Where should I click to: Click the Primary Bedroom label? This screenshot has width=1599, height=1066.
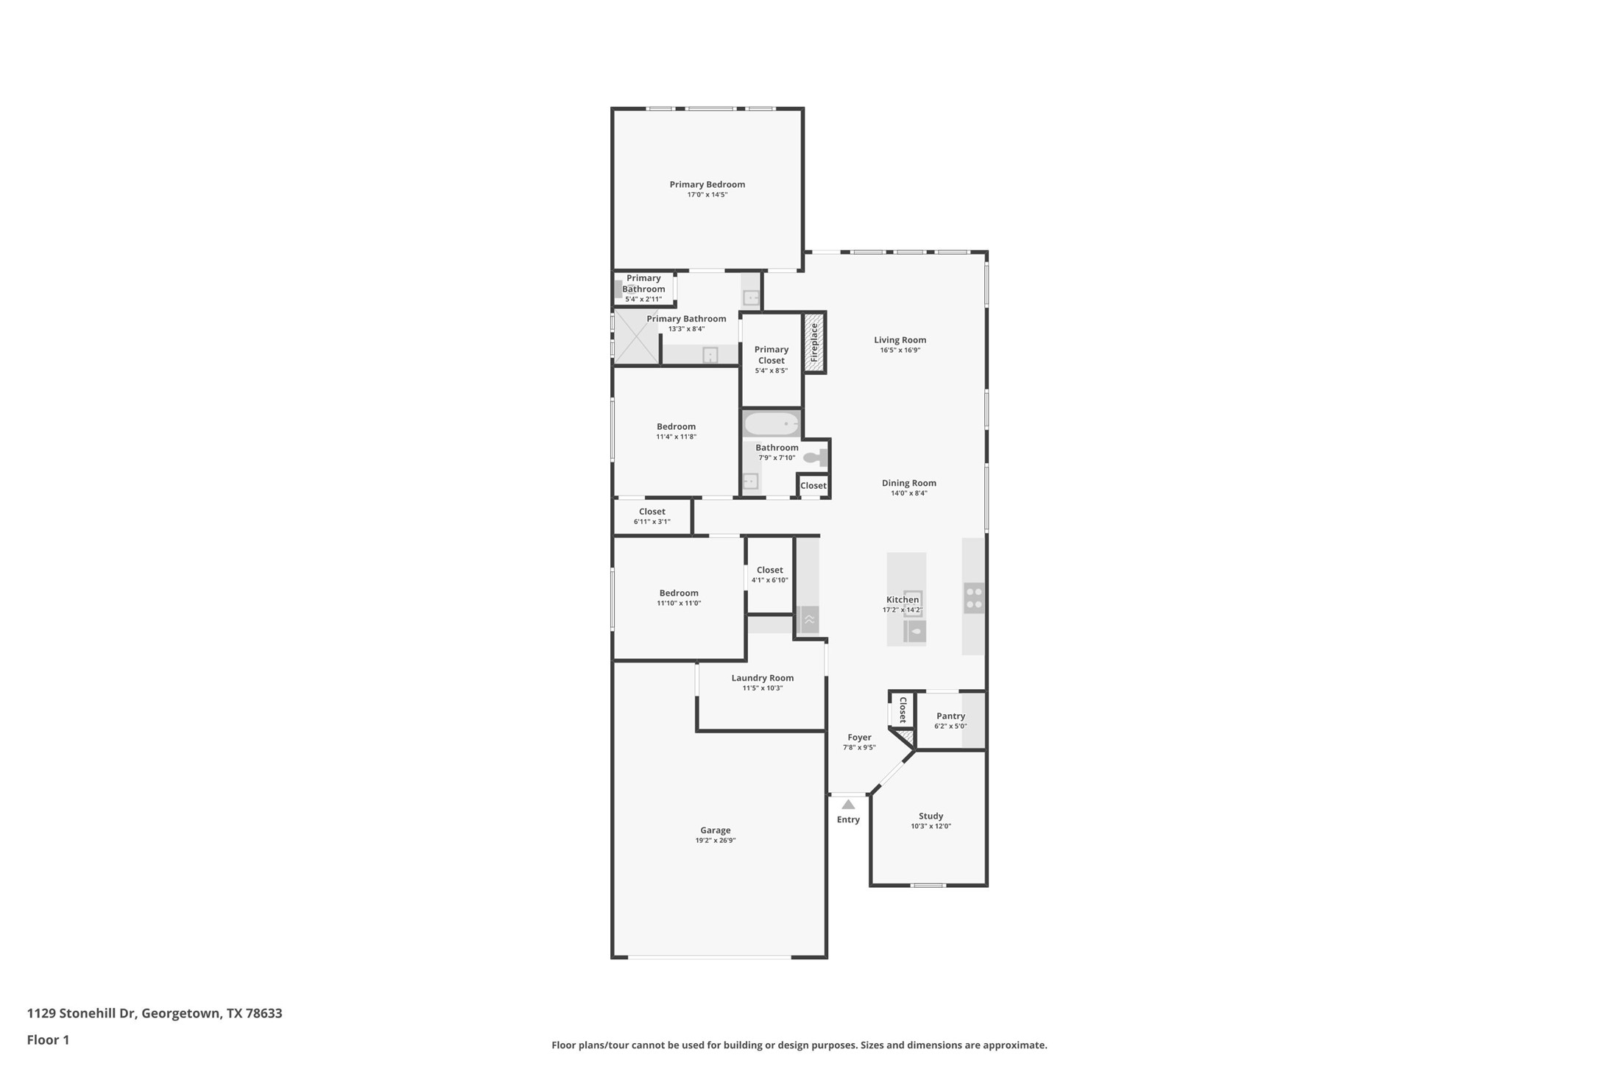pyautogui.click(x=707, y=185)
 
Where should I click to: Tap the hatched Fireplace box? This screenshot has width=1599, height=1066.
pyautogui.click(x=813, y=342)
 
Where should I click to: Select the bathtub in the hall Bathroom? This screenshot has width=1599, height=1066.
pyautogui.click(x=771, y=424)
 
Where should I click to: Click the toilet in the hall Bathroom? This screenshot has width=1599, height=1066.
pyautogui.click(x=815, y=458)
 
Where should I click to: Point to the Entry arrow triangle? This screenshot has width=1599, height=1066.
pyautogui.click(x=848, y=805)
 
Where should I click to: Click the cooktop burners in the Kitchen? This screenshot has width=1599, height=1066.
pyautogui.click(x=973, y=598)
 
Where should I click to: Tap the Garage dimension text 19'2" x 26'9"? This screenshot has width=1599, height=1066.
pyautogui.click(x=715, y=841)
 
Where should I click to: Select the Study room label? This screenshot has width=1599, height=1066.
pyautogui.click(x=931, y=816)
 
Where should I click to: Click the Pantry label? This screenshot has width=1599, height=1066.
pyautogui.click(x=950, y=716)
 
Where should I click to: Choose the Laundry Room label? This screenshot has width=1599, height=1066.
pyautogui.click(x=762, y=678)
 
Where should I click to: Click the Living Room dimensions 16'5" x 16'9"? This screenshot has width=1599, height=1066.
pyautogui.click(x=900, y=350)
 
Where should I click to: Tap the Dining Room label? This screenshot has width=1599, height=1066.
pyautogui.click(x=908, y=483)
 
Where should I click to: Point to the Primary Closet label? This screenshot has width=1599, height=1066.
pyautogui.click(x=771, y=355)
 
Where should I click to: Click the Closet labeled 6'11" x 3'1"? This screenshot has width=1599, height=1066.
pyautogui.click(x=652, y=516)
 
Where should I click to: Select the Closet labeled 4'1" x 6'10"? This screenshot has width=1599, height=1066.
pyautogui.click(x=769, y=574)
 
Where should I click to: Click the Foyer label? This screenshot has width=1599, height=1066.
pyautogui.click(x=859, y=737)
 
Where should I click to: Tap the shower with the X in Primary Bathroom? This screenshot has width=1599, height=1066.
pyautogui.click(x=636, y=336)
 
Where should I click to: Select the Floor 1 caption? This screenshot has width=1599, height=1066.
pyautogui.click(x=48, y=1040)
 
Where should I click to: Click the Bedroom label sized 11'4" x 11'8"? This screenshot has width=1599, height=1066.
pyautogui.click(x=676, y=426)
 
